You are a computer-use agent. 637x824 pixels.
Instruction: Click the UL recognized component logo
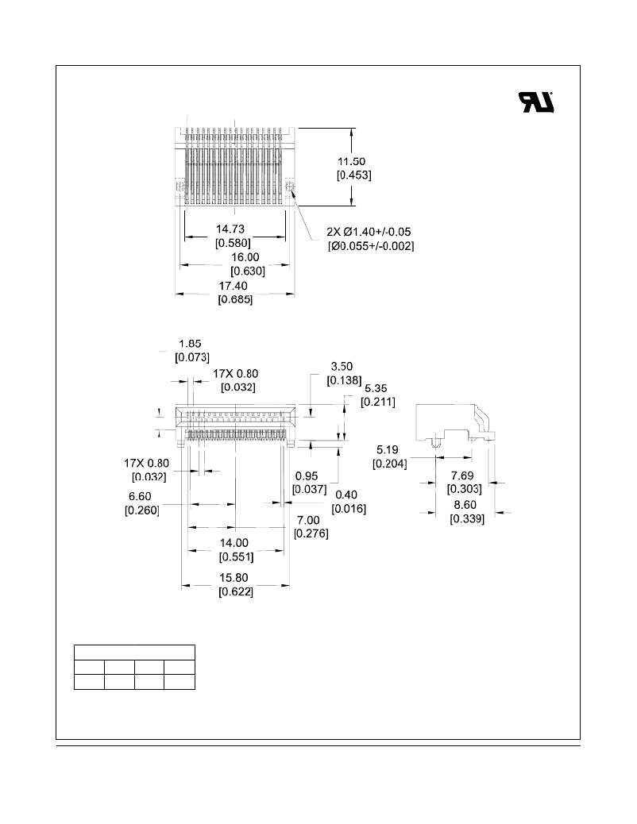pyautogui.click(x=536, y=102)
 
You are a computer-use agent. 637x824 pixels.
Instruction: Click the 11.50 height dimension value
pyautogui.click(x=351, y=161)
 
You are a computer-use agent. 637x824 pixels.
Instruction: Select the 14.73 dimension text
pyautogui.click(x=230, y=229)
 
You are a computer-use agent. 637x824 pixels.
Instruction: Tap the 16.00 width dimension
pyautogui.click(x=245, y=257)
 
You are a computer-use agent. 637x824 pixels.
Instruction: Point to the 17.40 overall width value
pyautogui.click(x=234, y=286)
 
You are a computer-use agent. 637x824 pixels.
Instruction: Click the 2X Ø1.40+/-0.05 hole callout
pyautogui.click(x=369, y=232)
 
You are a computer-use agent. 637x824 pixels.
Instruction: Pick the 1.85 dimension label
pyautogui.click(x=190, y=344)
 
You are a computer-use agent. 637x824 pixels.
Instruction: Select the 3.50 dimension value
pyautogui.click(x=342, y=366)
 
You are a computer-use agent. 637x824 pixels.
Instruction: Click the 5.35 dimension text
pyautogui.click(x=376, y=388)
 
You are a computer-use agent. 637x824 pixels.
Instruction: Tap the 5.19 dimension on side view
pyautogui.click(x=387, y=450)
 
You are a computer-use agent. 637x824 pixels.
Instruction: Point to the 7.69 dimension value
pyautogui.click(x=462, y=476)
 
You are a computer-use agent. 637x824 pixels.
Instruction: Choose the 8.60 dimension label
pyautogui.click(x=465, y=505)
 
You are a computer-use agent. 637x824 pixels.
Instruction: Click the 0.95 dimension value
pyautogui.click(x=306, y=476)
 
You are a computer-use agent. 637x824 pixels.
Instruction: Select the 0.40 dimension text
pyautogui.click(x=346, y=495)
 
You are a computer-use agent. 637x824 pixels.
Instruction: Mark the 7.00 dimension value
pyautogui.click(x=308, y=520)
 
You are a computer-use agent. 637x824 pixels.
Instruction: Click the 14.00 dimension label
pyautogui.click(x=234, y=543)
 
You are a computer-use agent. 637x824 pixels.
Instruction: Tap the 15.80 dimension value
pyautogui.click(x=234, y=578)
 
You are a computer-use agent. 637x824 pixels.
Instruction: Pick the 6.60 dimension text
pyautogui.click(x=140, y=497)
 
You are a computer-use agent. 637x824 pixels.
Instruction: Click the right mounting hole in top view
pyautogui.click(x=289, y=186)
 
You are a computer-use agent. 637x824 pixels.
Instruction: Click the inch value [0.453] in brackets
pyautogui.click(x=354, y=175)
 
